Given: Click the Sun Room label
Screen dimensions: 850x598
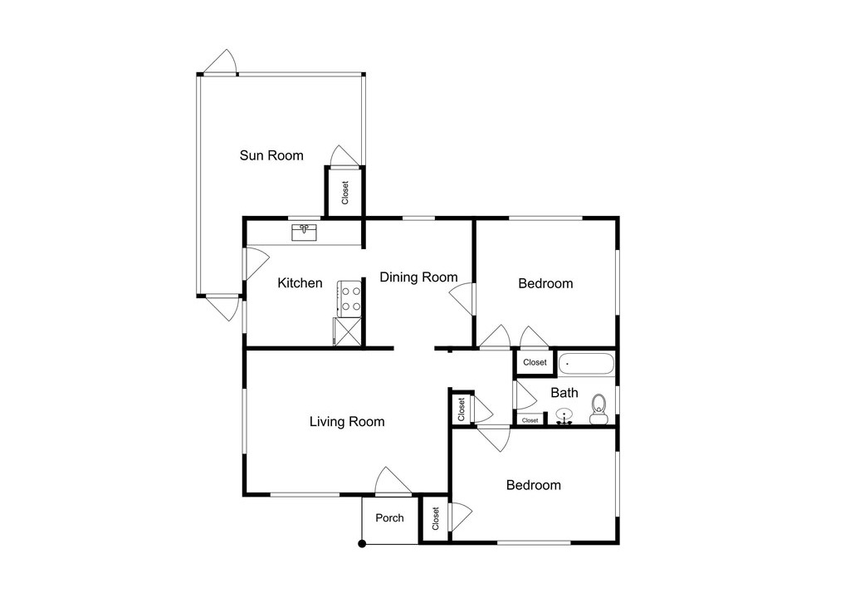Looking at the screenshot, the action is click(271, 156).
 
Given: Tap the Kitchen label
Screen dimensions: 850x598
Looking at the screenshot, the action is click(300, 282).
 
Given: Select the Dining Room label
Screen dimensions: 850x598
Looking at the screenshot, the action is click(418, 277).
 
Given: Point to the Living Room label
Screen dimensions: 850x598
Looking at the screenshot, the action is click(347, 422).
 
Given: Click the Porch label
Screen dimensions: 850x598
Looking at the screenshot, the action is click(390, 518).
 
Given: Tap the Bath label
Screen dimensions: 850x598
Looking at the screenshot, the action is click(564, 393).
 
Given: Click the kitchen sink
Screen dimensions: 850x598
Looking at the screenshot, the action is click(305, 233).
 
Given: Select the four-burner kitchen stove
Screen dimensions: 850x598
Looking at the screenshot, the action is click(349, 299).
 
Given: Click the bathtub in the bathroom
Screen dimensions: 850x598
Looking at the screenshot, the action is click(586, 364).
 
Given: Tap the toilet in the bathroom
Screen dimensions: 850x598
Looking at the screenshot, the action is click(599, 409).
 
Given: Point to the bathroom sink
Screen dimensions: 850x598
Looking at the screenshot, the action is click(564, 416).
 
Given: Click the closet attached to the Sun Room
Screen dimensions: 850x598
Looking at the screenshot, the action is click(344, 192).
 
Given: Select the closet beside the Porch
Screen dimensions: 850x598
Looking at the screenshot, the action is click(435, 519).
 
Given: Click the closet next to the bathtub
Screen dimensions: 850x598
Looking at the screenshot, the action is click(535, 362).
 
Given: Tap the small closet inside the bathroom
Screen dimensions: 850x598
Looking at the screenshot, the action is click(530, 420).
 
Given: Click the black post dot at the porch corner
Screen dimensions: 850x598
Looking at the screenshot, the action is click(362, 544).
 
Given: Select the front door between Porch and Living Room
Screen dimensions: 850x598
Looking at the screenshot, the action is click(393, 482).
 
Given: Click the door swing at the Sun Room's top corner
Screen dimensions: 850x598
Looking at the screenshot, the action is click(222, 62).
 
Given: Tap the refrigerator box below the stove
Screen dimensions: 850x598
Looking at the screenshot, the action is click(347, 331).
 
